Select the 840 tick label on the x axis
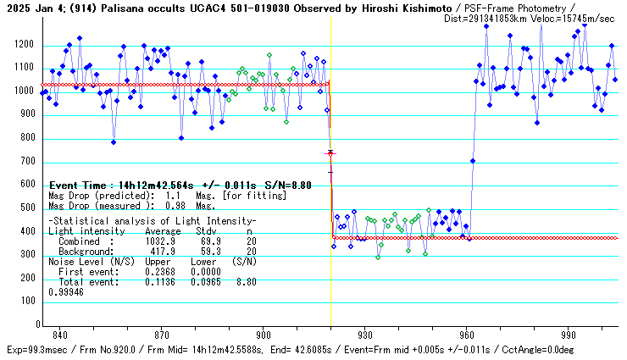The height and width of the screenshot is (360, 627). click(x=59, y=335)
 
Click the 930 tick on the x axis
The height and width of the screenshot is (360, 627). click(x=365, y=326)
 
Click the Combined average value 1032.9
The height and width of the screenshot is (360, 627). click(x=160, y=241)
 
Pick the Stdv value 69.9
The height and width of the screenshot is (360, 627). click(x=209, y=241)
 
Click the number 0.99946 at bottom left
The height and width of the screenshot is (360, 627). click(x=66, y=291)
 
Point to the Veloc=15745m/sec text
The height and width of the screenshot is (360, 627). click(x=572, y=17)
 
